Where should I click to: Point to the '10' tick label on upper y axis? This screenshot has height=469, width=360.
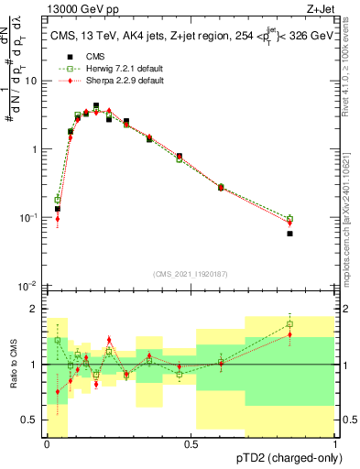pos(32,81)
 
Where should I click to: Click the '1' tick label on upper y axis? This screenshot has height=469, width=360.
pos(36,149)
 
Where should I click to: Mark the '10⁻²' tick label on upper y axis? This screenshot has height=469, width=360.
pos(30,286)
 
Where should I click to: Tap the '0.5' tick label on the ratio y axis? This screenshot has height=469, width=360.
pos(30,420)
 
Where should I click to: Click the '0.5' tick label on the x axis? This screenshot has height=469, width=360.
pos(191,444)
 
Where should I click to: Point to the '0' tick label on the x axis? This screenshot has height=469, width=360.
pos(47,444)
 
